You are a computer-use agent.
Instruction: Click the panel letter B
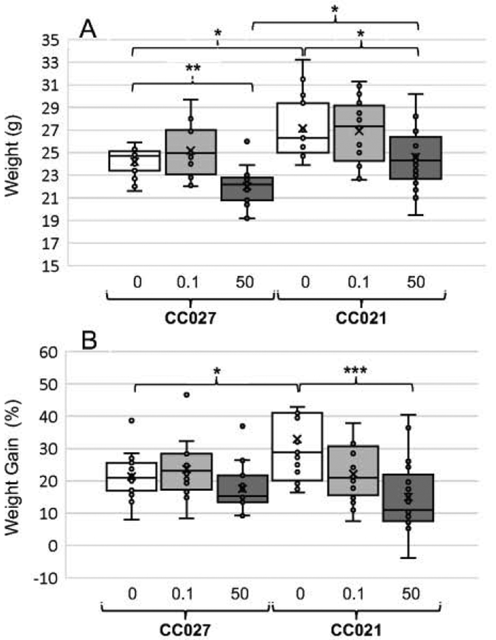pos(89,340)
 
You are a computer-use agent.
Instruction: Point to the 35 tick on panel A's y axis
pos(50,41)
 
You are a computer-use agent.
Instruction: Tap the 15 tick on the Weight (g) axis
pos(50,266)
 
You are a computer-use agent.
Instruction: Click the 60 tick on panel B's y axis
pos(48,353)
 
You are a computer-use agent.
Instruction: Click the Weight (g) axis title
pos(13,156)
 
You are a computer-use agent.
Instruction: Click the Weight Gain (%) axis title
pos(13,467)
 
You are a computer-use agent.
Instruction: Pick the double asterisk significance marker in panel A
pos(193,68)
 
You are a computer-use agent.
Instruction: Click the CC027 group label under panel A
pos(190,318)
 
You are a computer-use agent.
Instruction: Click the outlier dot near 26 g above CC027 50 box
pos(247,142)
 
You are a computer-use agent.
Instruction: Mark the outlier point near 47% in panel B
pos(186,395)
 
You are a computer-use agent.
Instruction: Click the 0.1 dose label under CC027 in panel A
pos(188,282)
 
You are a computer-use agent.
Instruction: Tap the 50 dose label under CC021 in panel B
pos(411,594)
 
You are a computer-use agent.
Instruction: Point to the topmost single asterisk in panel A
pos(335,9)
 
